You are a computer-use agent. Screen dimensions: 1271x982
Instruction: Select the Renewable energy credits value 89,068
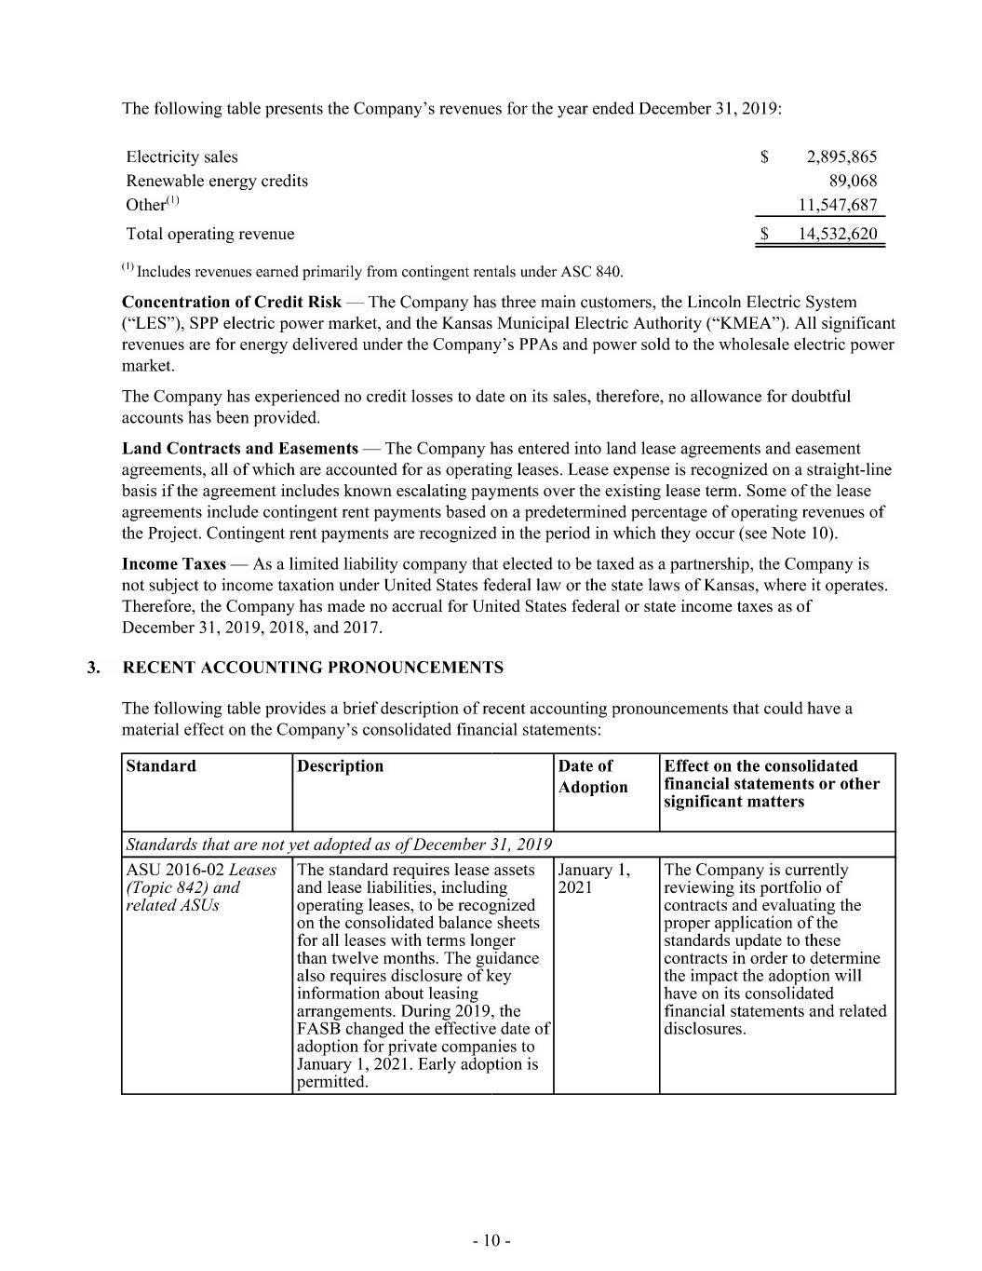pos(853,181)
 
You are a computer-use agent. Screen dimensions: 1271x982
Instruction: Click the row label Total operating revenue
pos(210,234)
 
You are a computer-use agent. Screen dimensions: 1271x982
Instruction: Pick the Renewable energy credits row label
pos(217,181)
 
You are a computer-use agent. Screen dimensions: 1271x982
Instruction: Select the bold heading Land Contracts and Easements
pos(240,449)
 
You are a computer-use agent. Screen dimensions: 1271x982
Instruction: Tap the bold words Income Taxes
pos(174,564)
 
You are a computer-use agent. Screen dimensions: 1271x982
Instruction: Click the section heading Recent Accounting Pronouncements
pos(313,668)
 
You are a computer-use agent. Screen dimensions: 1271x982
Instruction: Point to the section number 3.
pos(93,668)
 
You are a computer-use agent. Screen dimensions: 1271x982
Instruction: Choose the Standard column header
pos(161,766)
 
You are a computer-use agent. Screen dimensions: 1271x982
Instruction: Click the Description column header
pos(340,766)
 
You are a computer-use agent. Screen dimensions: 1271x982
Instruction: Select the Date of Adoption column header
pos(593,777)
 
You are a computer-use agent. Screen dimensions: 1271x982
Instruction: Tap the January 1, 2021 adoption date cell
pos(594,878)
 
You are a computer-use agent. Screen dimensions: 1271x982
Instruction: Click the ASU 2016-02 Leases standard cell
pos(201,886)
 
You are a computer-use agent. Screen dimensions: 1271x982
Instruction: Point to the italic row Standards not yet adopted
pos(339,845)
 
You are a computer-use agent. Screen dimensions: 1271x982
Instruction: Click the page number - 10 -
pos(491,1240)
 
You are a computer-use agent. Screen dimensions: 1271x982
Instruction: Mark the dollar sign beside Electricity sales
pos(764,156)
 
